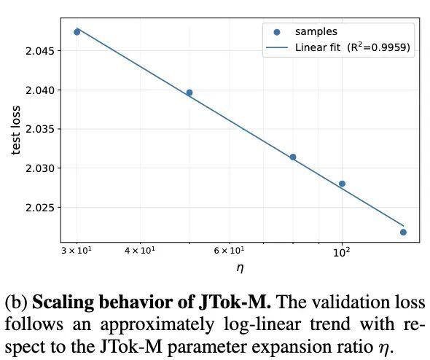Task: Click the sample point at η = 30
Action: (77, 32)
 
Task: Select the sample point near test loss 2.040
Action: (189, 93)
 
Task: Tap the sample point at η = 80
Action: (293, 157)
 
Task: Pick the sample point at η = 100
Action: (342, 184)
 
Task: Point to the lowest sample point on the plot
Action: (403, 232)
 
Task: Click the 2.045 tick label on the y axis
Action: (39, 51)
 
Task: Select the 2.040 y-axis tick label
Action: (39, 90)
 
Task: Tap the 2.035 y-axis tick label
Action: (39, 129)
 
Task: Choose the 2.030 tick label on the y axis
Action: (39, 168)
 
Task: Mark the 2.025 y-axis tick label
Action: (39, 208)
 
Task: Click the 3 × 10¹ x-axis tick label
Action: (77, 251)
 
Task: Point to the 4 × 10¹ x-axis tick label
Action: (140, 251)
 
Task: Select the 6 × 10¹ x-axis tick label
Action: (230, 251)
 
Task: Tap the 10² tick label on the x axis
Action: (342, 251)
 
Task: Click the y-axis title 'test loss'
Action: (16, 130)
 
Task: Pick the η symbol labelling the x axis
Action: (241, 268)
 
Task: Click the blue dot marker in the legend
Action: (277, 32)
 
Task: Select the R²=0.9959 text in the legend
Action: (379, 47)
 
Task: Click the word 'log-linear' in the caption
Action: (262, 324)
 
